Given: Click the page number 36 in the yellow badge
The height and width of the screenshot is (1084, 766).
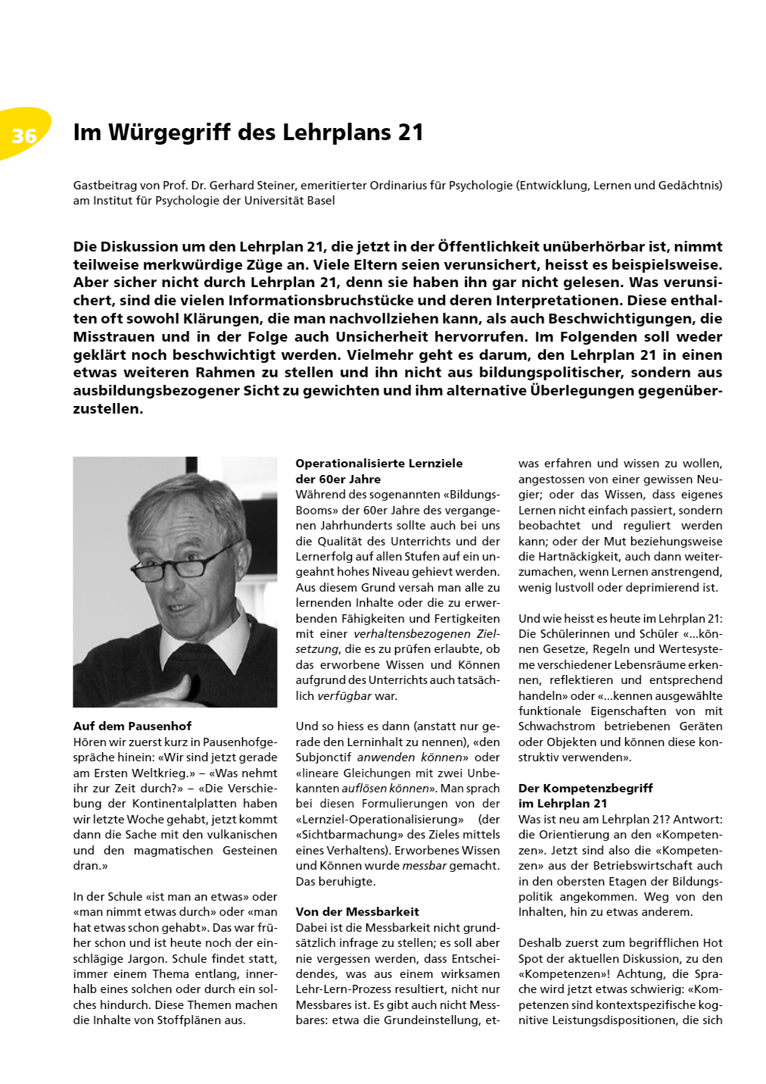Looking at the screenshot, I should point(24,136).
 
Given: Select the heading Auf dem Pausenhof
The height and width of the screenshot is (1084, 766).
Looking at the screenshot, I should point(132,726).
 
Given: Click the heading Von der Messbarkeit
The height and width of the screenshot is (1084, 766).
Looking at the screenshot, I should point(357,911).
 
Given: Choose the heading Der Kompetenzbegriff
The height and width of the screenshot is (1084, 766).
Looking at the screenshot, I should point(585,788).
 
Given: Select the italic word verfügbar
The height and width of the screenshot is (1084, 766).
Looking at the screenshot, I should point(344,695).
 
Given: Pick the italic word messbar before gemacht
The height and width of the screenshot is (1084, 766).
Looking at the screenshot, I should point(424,866).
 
